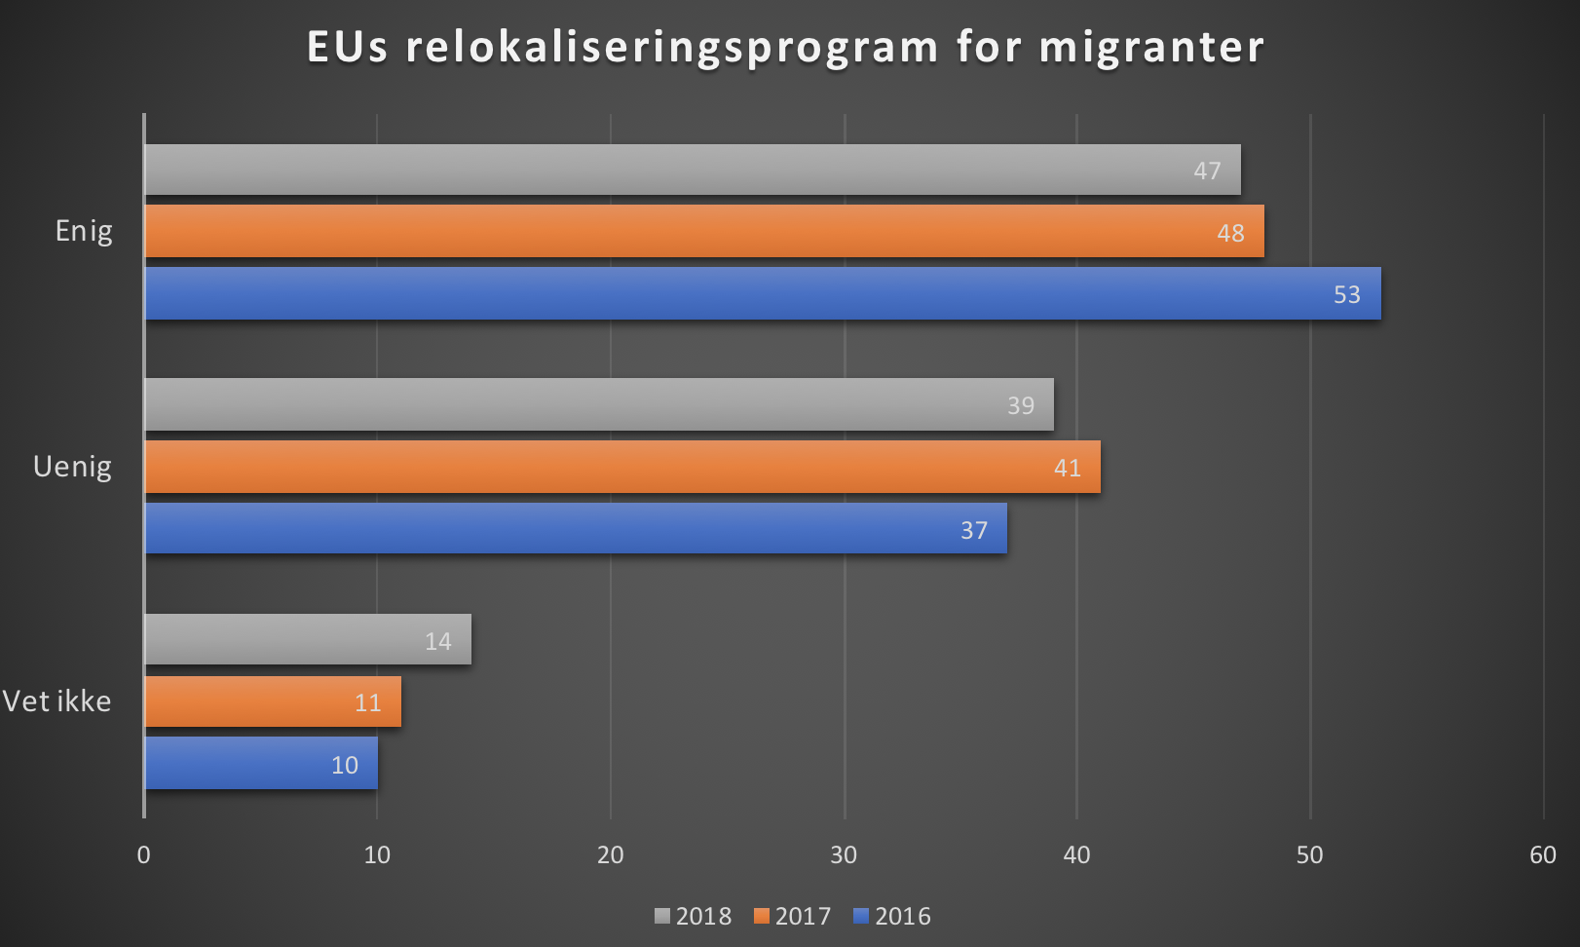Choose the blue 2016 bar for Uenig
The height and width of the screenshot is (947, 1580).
575,528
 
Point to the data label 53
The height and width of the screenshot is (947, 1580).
1346,294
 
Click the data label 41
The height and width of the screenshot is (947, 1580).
1067,468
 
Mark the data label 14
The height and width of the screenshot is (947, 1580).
437,641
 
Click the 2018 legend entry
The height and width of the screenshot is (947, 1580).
694,916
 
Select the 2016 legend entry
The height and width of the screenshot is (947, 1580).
892,916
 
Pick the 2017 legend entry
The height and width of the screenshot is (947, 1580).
793,916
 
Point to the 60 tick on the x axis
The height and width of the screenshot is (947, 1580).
1542,854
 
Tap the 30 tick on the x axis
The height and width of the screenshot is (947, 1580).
844,854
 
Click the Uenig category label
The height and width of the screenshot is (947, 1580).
72,467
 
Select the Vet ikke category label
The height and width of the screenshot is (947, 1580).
56,701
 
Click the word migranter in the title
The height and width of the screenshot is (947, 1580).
1151,47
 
